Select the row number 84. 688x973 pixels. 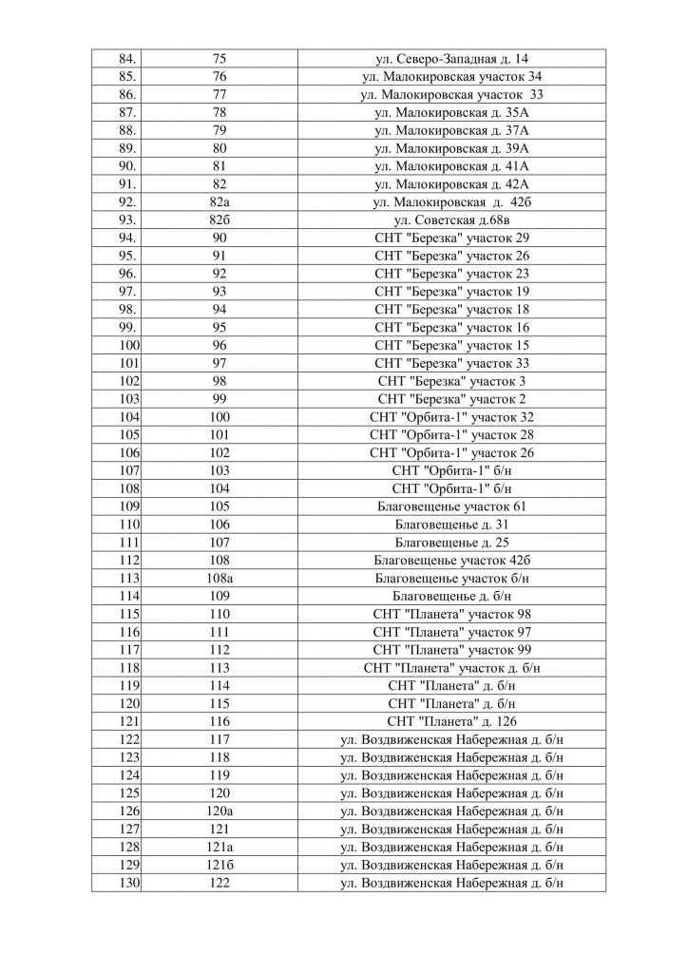coord(127,59)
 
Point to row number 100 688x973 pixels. coord(129,345)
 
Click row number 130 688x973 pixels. coord(129,883)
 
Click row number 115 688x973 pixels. coord(129,614)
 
